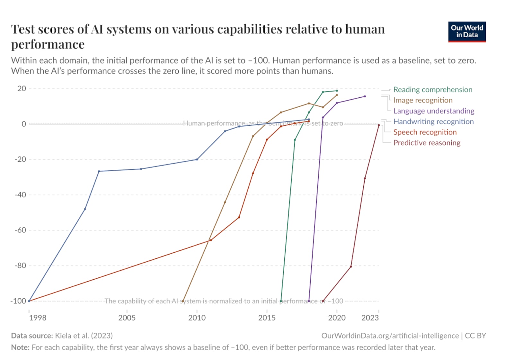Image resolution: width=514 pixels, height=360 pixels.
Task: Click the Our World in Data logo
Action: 467,32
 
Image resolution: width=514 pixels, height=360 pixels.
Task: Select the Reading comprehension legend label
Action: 433,90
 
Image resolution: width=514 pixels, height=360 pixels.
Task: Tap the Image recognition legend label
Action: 423,100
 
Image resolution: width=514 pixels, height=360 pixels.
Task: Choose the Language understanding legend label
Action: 434,111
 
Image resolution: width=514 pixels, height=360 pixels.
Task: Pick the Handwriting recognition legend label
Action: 433,122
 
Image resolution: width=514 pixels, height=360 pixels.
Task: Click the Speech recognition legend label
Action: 425,132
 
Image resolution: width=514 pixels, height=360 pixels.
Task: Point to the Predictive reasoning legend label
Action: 427,143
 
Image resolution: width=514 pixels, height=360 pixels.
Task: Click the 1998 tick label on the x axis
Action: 38,318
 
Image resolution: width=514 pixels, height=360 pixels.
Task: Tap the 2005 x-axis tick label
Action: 127,318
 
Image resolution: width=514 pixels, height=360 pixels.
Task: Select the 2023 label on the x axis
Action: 370,318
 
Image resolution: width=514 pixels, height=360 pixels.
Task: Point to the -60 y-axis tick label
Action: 20,230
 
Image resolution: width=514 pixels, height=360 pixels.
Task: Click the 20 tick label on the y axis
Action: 22,89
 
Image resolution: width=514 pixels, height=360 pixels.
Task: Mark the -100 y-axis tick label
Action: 18,301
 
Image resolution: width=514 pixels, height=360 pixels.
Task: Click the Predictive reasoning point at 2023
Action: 379,125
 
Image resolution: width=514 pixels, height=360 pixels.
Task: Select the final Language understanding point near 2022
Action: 365,96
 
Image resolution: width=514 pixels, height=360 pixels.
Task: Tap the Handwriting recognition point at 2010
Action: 197,159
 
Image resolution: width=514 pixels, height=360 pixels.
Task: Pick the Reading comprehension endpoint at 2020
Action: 337,91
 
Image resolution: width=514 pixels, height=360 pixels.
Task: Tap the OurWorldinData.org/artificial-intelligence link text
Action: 390,336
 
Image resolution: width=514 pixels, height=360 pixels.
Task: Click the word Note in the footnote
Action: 20,347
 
